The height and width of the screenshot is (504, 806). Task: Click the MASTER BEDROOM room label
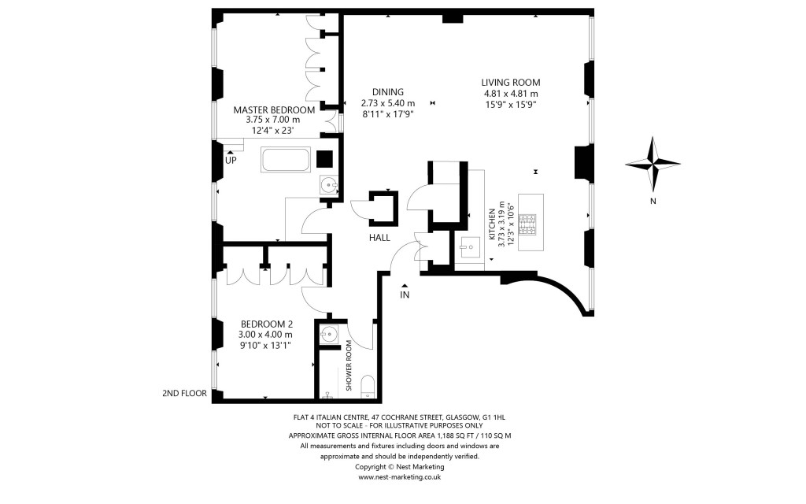click(x=274, y=109)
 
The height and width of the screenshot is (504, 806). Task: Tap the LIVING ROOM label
click(x=511, y=82)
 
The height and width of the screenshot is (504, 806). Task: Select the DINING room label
click(x=387, y=91)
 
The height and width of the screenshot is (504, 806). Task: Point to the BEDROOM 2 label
click(x=266, y=323)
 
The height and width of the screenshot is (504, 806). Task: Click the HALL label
click(x=379, y=237)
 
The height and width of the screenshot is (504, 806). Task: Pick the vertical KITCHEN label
click(x=491, y=224)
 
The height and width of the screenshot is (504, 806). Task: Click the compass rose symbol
click(x=653, y=163)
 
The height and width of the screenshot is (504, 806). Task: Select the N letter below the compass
click(x=653, y=200)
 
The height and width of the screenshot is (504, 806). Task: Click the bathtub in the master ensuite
click(x=285, y=160)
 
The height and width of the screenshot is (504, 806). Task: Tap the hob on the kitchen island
click(x=531, y=224)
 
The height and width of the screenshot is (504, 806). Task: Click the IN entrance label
click(x=405, y=295)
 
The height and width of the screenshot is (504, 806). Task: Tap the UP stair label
click(x=231, y=160)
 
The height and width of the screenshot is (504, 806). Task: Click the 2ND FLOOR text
click(x=183, y=392)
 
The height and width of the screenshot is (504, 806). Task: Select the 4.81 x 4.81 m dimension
click(x=511, y=94)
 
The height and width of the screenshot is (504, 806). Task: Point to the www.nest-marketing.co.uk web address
click(x=399, y=476)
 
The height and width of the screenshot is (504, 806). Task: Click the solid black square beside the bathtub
click(x=324, y=158)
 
